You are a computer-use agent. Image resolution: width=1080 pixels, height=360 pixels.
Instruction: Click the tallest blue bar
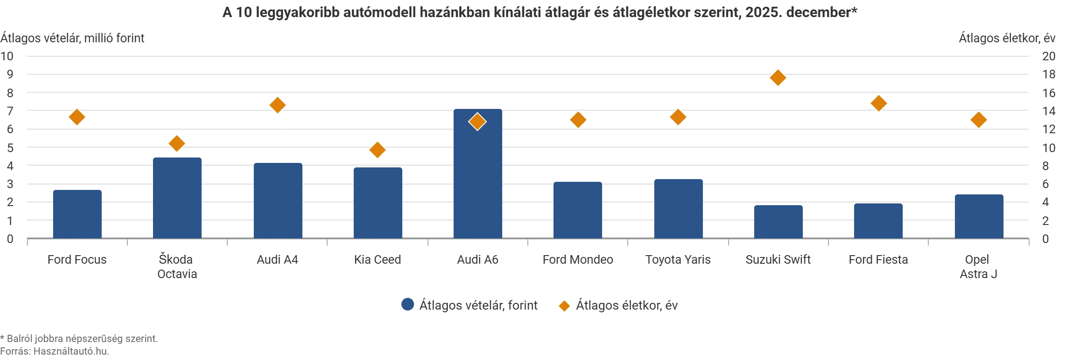(x=477, y=175)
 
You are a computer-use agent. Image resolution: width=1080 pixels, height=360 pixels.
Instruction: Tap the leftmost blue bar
(x=77, y=214)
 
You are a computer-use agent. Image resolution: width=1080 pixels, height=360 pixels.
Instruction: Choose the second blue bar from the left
(x=177, y=198)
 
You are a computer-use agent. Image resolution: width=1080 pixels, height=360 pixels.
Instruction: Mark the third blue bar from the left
(x=277, y=201)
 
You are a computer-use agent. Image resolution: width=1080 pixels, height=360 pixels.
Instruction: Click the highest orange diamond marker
(x=778, y=78)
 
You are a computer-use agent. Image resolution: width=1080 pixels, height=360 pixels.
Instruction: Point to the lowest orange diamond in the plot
(x=377, y=150)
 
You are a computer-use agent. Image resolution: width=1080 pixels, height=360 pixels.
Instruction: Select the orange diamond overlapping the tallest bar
(x=477, y=121)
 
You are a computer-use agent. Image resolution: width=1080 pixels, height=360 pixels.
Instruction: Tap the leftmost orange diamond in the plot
(x=77, y=117)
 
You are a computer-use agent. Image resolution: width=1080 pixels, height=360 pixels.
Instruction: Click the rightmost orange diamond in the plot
(x=979, y=120)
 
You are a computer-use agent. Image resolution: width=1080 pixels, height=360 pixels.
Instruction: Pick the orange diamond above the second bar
(x=177, y=144)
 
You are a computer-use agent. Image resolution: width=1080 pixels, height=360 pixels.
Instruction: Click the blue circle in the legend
(x=407, y=305)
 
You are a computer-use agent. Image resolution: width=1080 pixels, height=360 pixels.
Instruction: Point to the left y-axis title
(x=74, y=38)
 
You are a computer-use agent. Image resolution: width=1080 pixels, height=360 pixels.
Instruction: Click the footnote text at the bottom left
(x=79, y=345)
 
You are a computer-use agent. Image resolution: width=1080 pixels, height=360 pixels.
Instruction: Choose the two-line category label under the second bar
(x=177, y=267)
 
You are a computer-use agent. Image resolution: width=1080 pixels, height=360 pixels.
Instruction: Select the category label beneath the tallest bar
(x=477, y=260)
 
